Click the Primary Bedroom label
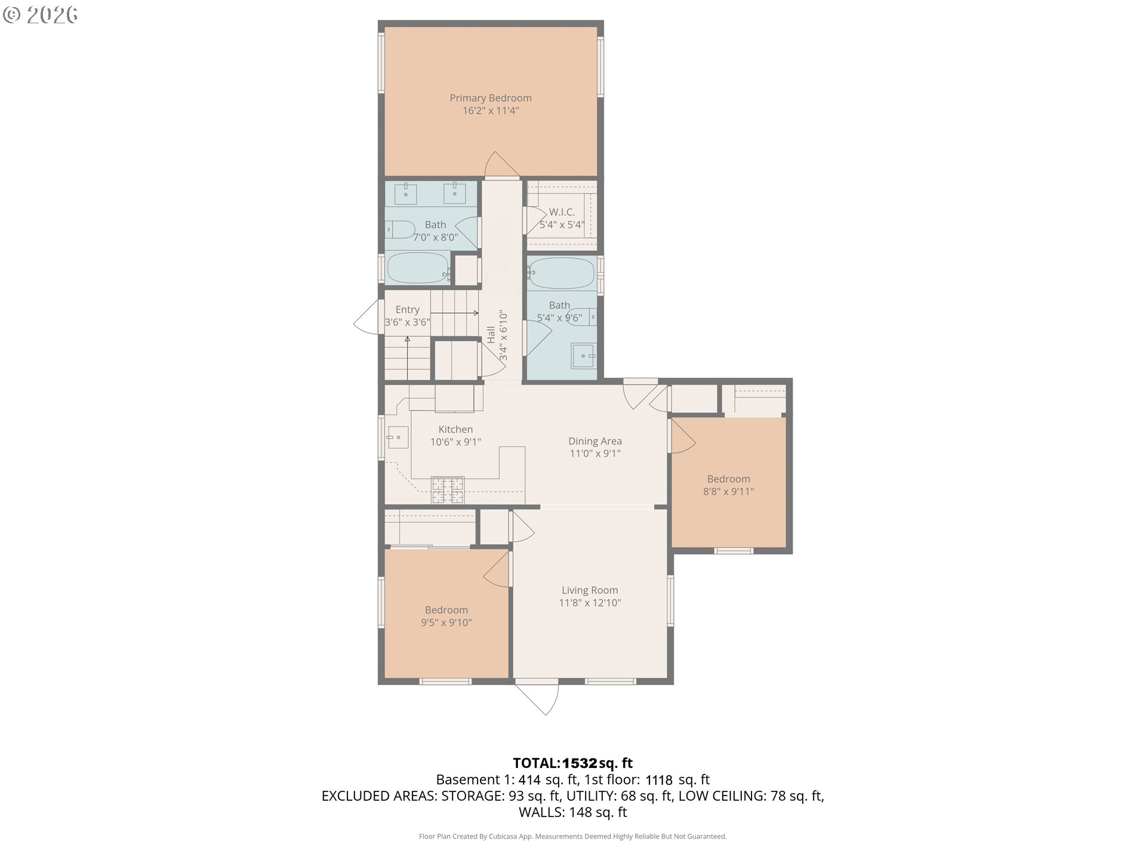tap(491, 98)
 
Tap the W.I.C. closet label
tap(562, 212)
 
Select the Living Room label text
tap(590, 590)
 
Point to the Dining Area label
tap(595, 441)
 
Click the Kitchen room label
tap(455, 429)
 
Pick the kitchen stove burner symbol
tap(448, 490)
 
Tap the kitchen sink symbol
tap(398, 437)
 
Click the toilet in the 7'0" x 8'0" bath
tap(400, 229)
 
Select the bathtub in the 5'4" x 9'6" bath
tap(561, 273)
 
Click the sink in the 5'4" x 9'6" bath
tap(584, 356)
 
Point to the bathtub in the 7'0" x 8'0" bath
tap(419, 268)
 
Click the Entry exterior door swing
tap(365, 317)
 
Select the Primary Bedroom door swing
tap(501, 164)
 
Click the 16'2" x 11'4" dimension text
tap(491, 110)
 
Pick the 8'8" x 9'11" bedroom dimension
tap(729, 492)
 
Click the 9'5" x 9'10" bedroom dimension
tap(446, 622)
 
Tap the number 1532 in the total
tap(580, 763)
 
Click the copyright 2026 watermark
tap(40, 14)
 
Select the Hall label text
tap(491, 334)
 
